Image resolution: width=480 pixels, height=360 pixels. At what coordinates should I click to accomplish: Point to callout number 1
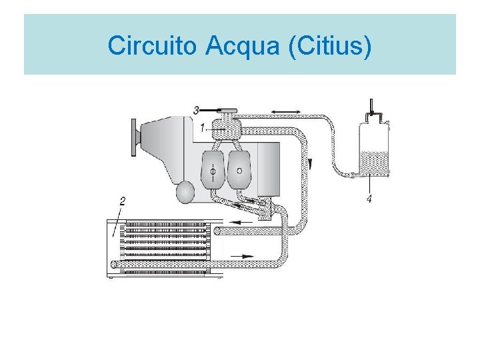pyautogui.click(x=203, y=127)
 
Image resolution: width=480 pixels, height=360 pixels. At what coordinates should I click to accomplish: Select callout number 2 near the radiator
pyautogui.click(x=122, y=201)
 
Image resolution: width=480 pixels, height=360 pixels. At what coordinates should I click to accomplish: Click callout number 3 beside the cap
pyautogui.click(x=196, y=109)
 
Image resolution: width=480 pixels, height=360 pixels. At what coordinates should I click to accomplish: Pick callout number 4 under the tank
pyautogui.click(x=369, y=198)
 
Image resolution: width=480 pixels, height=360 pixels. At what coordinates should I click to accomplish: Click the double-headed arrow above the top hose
pyautogui.click(x=285, y=110)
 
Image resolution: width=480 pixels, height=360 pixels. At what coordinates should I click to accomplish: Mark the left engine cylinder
pyautogui.click(x=213, y=170)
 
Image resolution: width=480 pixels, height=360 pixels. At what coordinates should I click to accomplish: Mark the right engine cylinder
pyautogui.click(x=239, y=169)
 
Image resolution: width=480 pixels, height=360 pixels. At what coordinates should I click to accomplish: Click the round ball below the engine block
pyautogui.click(x=185, y=193)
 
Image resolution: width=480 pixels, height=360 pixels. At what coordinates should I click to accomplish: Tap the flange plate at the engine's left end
pyautogui.click(x=135, y=137)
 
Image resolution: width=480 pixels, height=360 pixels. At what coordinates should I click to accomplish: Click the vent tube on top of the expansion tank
pyautogui.click(x=372, y=106)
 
